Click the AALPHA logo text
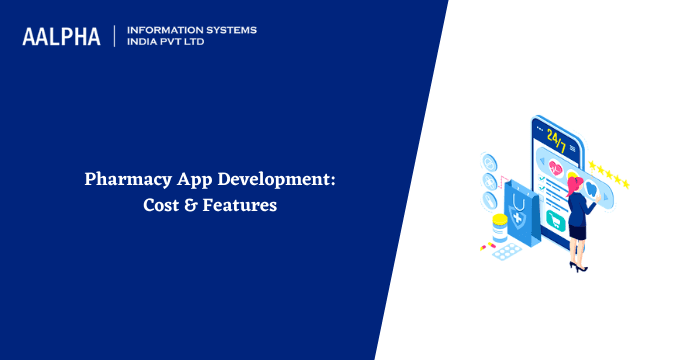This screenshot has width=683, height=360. pyautogui.click(x=61, y=36)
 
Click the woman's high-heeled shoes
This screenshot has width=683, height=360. pyautogui.click(x=577, y=267)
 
